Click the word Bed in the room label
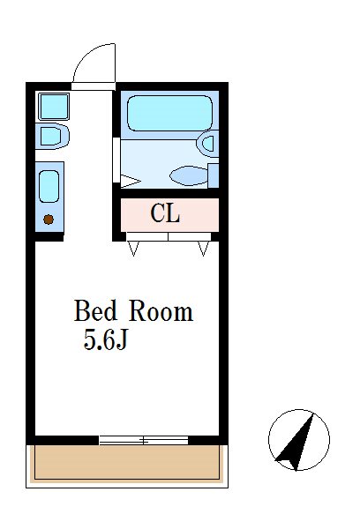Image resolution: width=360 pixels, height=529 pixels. (95, 310)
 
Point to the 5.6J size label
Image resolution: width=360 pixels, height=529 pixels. (106, 339)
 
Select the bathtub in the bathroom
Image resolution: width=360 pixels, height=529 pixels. (170, 114)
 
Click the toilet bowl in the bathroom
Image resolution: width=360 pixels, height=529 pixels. (189, 175)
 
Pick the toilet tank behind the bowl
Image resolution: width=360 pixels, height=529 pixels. (214, 175)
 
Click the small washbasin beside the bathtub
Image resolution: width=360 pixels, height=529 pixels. (207, 144)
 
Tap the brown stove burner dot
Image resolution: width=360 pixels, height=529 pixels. (49, 220)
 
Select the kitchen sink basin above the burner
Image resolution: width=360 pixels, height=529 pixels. (49, 186)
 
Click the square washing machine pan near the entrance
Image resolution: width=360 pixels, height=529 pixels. (54, 107)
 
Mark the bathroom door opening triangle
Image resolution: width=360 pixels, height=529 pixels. (130, 181)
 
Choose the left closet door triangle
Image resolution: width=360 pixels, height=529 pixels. (133, 249)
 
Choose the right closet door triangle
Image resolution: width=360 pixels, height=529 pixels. (203, 249)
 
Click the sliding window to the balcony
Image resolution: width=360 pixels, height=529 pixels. (144, 440)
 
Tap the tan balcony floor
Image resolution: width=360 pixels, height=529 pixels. (127, 463)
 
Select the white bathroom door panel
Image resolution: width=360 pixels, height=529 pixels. (116, 160)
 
